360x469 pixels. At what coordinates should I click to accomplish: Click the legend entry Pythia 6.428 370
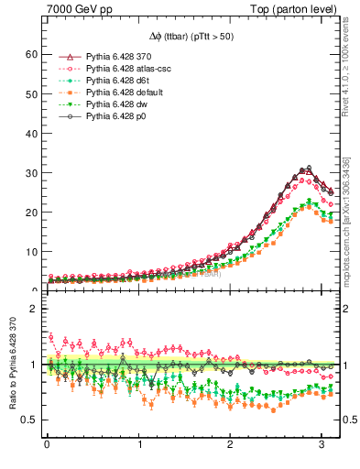118,57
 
